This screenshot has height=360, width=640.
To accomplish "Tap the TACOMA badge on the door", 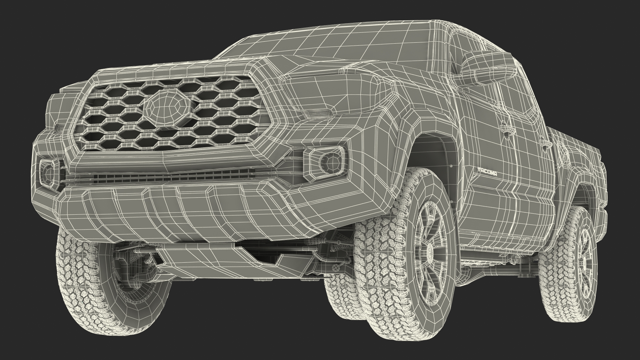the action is point(488,172).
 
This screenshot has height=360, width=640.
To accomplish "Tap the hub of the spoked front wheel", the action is point(430,250).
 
